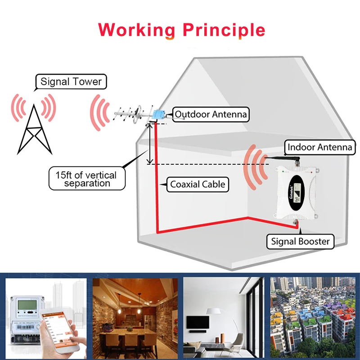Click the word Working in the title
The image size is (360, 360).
[136, 30]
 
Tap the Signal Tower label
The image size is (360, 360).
[71, 82]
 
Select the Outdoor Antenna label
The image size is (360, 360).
[211, 114]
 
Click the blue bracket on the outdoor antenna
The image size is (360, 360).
[157, 115]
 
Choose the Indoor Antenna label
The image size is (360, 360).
[320, 147]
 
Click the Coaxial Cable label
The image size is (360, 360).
[197, 184]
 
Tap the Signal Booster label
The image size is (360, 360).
[300, 241]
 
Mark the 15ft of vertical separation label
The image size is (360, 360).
[86, 179]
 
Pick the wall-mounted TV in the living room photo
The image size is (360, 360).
[198, 322]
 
